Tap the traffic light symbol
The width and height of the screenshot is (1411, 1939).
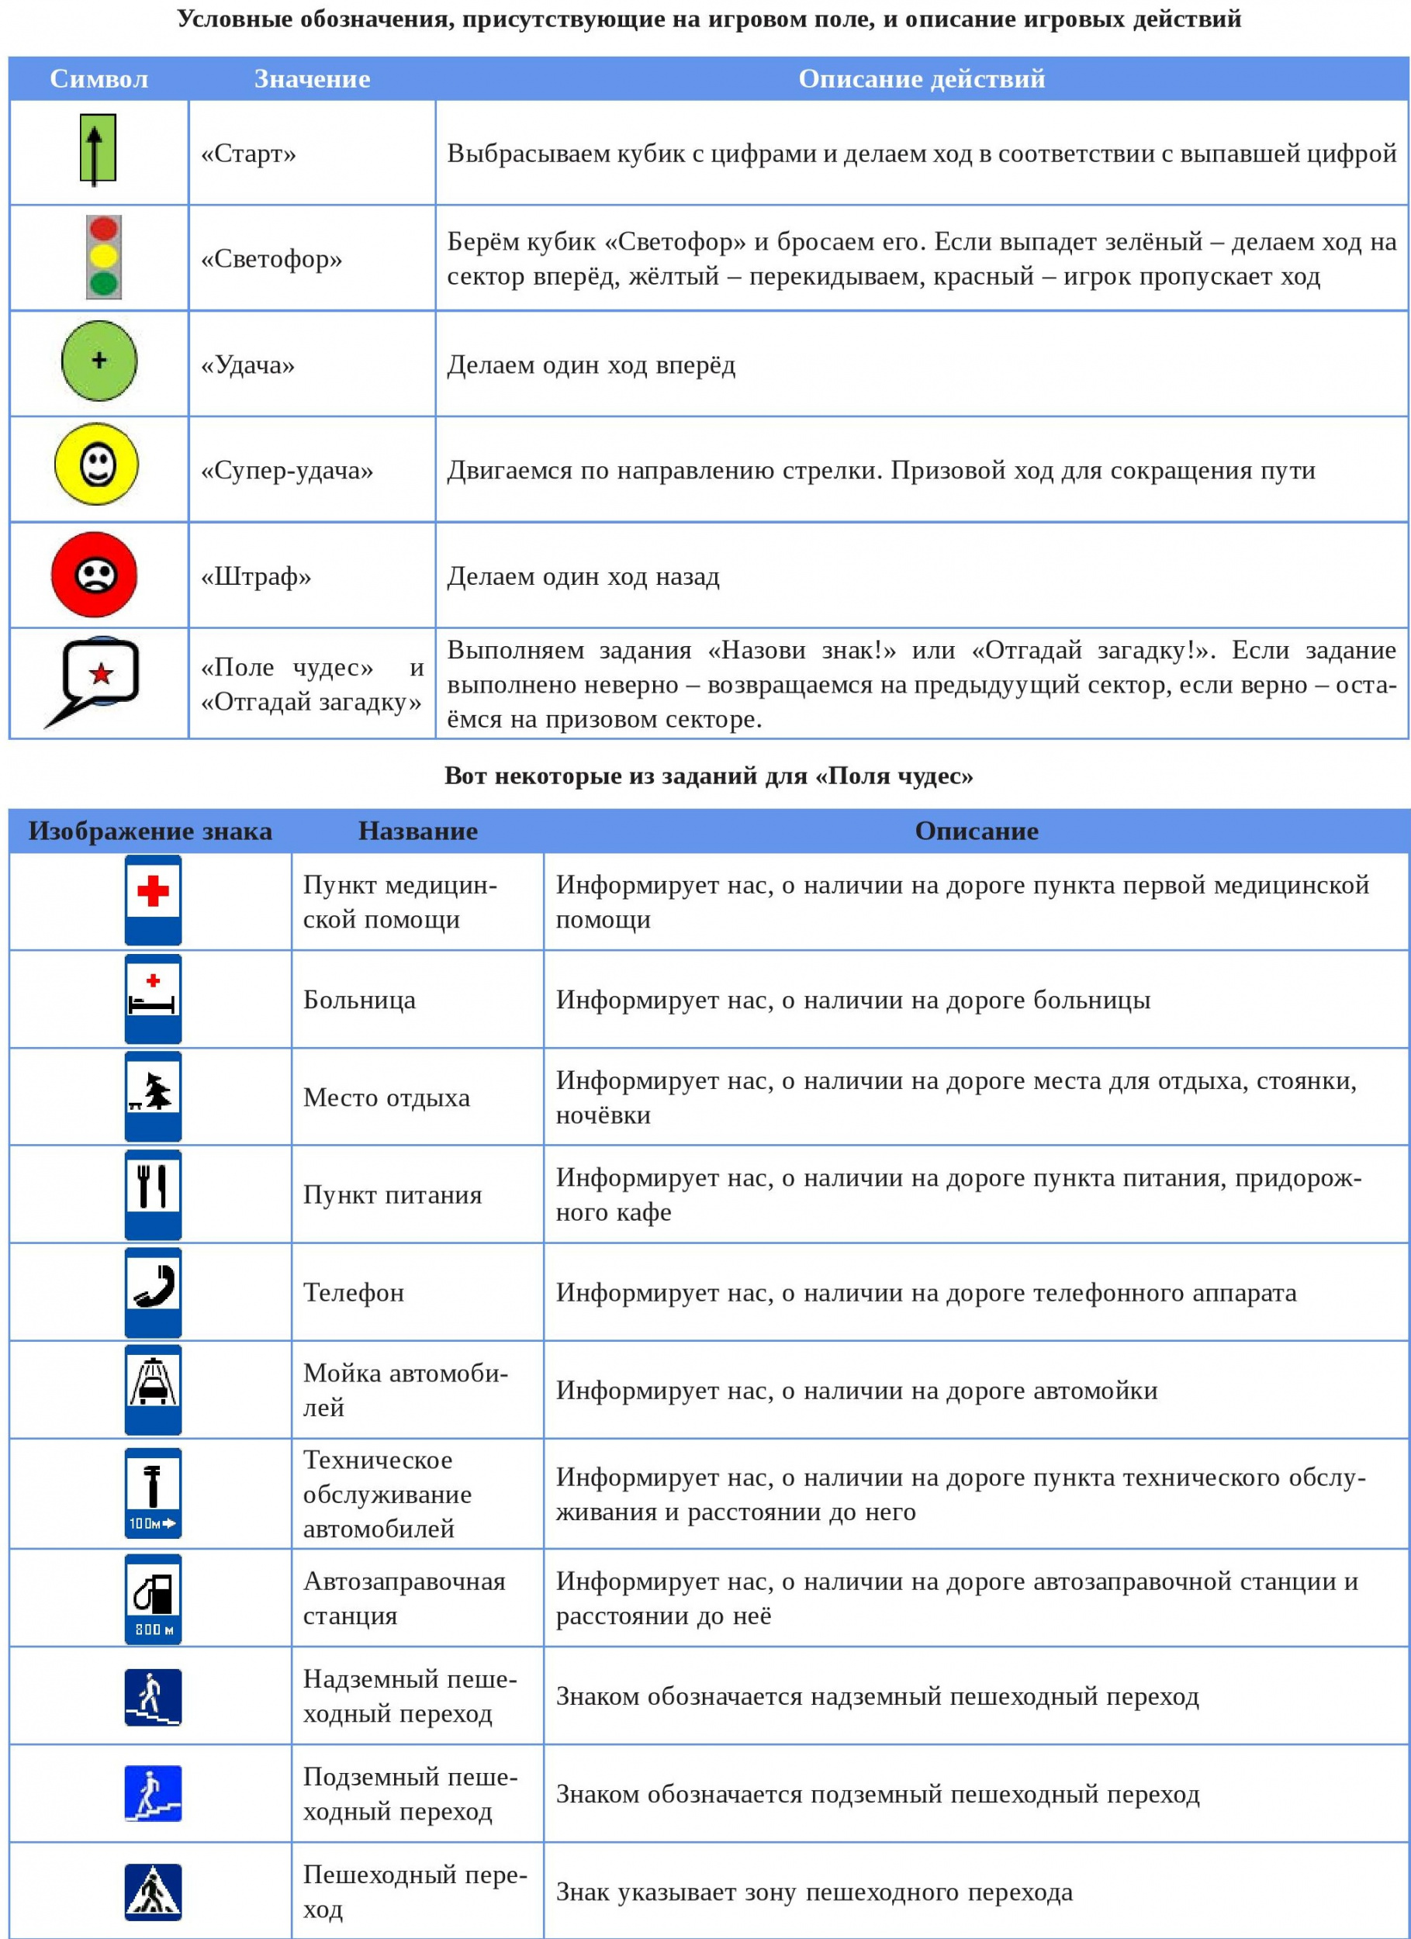(103, 257)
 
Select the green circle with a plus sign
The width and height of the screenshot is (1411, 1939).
(99, 361)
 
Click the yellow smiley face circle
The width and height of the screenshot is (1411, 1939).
(97, 465)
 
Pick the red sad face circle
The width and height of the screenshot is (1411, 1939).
(94, 575)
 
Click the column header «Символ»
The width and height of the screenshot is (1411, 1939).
(99, 78)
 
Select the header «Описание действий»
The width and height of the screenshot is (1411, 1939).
(921, 78)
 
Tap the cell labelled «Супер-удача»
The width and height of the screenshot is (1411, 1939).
(286, 470)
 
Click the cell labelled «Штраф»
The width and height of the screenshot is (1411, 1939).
(256, 576)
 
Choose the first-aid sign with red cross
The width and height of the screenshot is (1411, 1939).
(153, 900)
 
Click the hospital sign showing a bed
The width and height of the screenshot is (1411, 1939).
(153, 997)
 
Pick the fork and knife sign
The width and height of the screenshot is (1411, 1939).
(153, 1194)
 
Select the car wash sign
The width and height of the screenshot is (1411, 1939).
(153, 1389)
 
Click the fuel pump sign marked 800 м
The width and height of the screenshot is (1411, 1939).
(153, 1598)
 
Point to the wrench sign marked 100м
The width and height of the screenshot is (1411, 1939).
(153, 1493)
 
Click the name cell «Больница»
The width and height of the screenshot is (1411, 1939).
(359, 1000)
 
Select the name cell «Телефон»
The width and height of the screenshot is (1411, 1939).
(353, 1292)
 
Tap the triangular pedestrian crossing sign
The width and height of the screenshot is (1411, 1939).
(153, 1892)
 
